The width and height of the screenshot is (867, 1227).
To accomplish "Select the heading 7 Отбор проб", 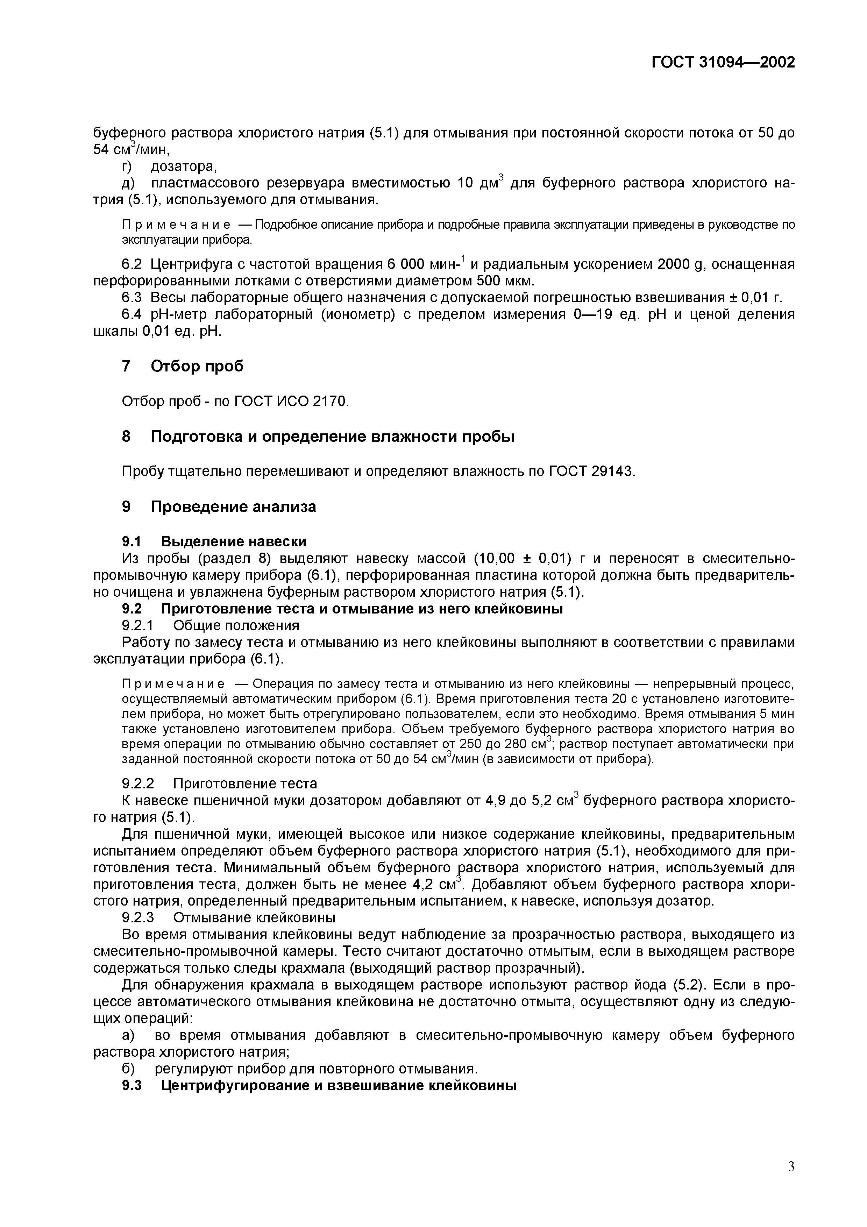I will coord(182,366).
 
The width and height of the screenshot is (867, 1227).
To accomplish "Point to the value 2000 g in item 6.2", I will coord(681,264).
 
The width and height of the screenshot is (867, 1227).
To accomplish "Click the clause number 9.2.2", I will coord(138,783).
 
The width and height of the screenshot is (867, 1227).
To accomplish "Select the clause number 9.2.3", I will coord(138,917).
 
